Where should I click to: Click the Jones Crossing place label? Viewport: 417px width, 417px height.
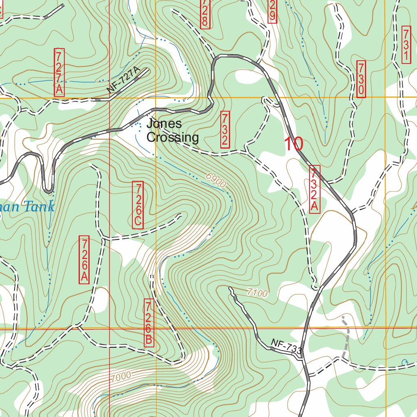pyautogui.click(x=172, y=130)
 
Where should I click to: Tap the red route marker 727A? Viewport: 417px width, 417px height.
pyautogui.click(x=59, y=72)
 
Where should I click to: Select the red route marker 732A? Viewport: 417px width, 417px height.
pyautogui.click(x=314, y=189)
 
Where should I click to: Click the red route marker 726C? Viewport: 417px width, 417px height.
pyautogui.click(x=138, y=205)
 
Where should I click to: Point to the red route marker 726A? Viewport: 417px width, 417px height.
pyautogui.click(x=84, y=259)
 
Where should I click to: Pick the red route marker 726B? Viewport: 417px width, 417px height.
pyautogui.click(x=149, y=323)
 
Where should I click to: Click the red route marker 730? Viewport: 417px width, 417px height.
pyautogui.click(x=361, y=79)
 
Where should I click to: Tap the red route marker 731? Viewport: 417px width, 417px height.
pyautogui.click(x=406, y=44)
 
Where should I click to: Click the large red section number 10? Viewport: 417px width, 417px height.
pyautogui.click(x=293, y=144)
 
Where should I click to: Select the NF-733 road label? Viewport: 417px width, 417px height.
pyautogui.click(x=286, y=347)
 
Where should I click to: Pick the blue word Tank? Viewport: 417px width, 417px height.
pyautogui.click(x=39, y=206)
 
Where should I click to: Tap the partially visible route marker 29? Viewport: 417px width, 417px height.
pyautogui.click(x=272, y=11)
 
